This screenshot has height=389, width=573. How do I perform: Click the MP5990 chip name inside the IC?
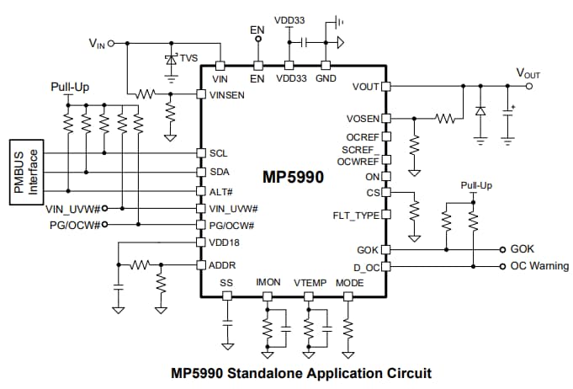(x=293, y=178)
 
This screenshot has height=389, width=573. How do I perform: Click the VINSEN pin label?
(x=227, y=94)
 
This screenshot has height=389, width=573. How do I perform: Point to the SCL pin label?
(x=218, y=153)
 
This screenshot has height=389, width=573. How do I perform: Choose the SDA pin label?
(x=219, y=172)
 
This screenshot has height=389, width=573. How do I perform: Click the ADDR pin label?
(x=222, y=264)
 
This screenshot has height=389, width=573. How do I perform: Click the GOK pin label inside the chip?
(x=368, y=250)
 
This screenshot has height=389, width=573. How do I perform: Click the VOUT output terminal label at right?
(x=528, y=74)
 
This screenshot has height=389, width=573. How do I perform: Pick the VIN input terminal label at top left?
(x=98, y=42)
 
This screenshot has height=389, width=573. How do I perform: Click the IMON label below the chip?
(x=268, y=283)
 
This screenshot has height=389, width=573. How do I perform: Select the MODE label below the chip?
(x=349, y=283)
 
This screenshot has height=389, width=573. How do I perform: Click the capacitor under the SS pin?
(x=225, y=322)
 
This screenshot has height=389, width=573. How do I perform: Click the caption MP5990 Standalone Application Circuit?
(x=301, y=373)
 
